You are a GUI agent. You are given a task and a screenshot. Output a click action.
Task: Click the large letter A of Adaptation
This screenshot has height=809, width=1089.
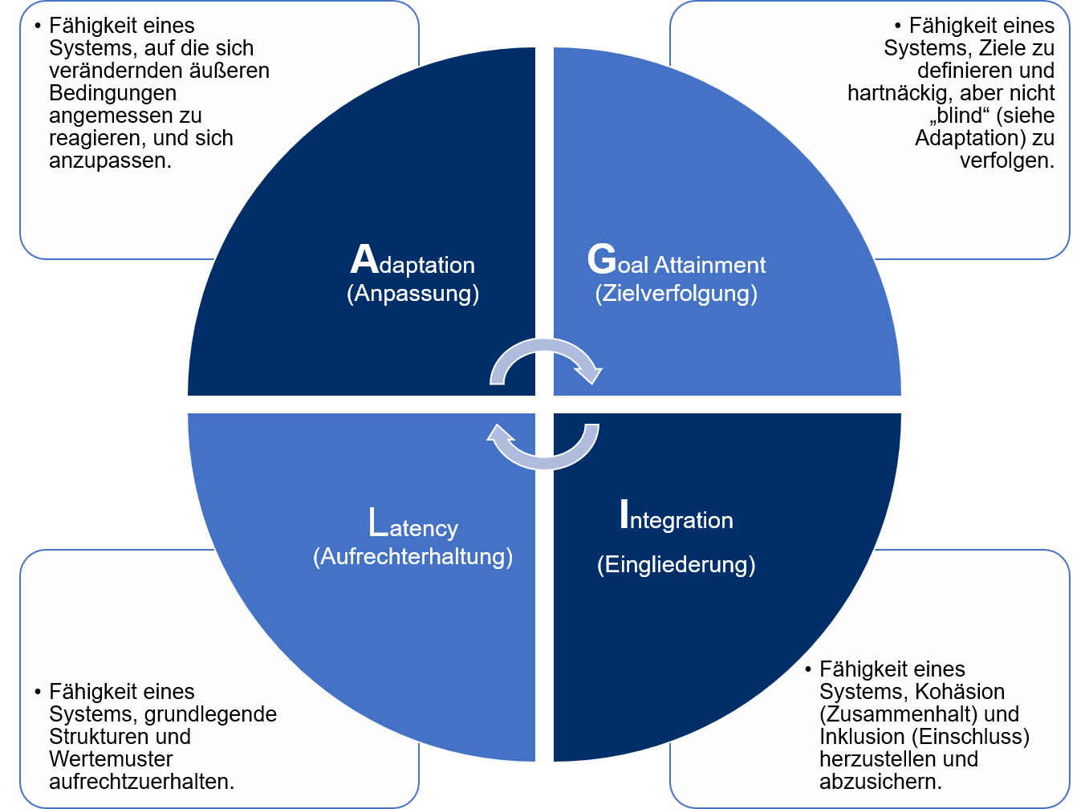(x=364, y=259)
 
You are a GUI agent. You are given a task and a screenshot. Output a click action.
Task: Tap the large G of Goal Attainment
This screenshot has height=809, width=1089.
(x=602, y=259)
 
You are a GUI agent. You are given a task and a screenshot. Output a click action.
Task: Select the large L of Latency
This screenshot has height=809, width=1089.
(x=378, y=522)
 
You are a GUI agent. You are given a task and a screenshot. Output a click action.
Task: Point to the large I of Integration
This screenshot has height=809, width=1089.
(x=624, y=514)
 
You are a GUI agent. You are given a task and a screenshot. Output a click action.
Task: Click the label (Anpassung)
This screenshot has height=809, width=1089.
(x=412, y=293)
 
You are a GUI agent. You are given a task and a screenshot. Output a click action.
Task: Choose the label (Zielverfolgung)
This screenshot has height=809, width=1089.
(x=676, y=293)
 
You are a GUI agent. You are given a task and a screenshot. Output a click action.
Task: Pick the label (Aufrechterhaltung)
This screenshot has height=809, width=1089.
(x=412, y=556)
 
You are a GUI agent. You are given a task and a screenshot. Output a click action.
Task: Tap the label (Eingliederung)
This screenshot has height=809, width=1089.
(x=676, y=564)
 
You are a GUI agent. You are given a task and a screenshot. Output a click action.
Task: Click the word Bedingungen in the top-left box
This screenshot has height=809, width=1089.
(x=112, y=93)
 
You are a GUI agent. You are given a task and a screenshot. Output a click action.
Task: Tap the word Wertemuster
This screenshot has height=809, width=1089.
(x=111, y=759)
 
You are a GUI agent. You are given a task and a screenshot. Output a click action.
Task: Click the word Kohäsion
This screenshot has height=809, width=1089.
(x=960, y=692)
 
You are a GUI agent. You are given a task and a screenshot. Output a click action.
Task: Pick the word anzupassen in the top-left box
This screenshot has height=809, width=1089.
(x=109, y=161)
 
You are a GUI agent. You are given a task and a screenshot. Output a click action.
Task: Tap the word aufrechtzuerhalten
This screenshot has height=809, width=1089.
(x=141, y=782)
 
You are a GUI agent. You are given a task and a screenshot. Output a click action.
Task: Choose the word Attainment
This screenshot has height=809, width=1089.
(x=709, y=265)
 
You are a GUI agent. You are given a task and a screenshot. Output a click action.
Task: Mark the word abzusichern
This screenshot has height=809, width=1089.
(x=880, y=782)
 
